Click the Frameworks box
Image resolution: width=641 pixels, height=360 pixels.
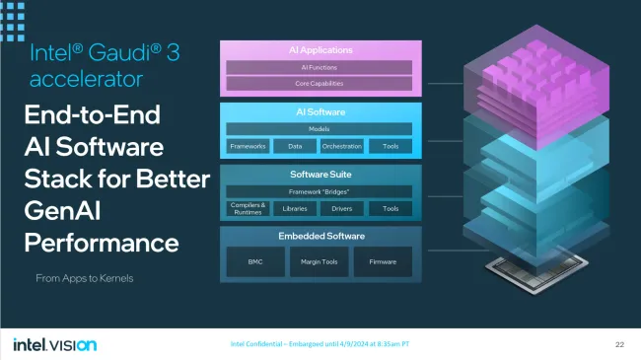[x=248, y=146]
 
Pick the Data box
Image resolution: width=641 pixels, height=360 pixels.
[x=295, y=146]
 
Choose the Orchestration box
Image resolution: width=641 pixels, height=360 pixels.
[x=342, y=146]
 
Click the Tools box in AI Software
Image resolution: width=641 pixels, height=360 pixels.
[x=391, y=146]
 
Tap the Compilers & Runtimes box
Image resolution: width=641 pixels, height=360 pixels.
[x=248, y=208]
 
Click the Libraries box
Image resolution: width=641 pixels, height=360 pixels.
[x=295, y=208]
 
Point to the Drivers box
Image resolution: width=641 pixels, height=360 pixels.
[x=342, y=208]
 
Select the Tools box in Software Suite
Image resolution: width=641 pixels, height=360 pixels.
[x=391, y=208]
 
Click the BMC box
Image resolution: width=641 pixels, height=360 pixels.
[x=255, y=261]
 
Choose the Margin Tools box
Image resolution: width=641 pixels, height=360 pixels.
[x=319, y=261]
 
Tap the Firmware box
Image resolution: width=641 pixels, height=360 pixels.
[x=383, y=261]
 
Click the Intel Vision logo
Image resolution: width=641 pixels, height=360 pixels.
[x=54, y=344]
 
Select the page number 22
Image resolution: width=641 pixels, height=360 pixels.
[x=619, y=344]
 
